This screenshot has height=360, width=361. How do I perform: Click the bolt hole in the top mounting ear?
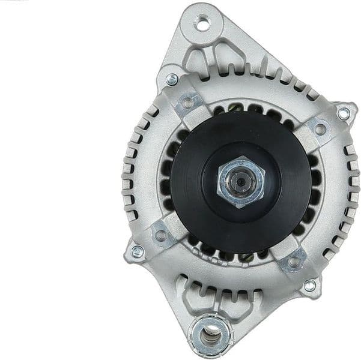click(x=203, y=25)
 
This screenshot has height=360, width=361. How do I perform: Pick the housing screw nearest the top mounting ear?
click(x=172, y=78)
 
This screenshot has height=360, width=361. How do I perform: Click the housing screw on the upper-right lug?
click(x=343, y=113)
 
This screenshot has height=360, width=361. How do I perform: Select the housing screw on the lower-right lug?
click(x=309, y=286)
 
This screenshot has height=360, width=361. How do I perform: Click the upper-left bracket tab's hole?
click(x=187, y=103)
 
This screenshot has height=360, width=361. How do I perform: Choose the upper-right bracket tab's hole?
click(x=320, y=128)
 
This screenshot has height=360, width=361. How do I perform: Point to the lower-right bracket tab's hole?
click(x=293, y=261)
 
